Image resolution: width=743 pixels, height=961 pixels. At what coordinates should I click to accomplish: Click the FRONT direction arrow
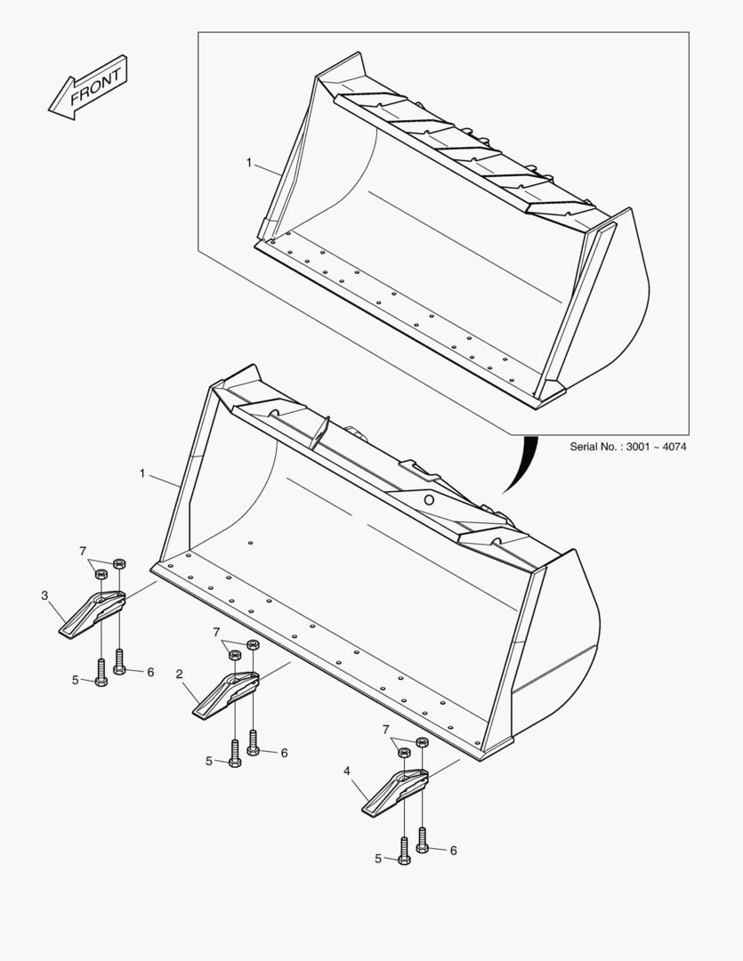pyautogui.click(x=88, y=87)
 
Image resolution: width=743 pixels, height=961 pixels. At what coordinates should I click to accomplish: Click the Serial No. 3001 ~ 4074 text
pyautogui.click(x=627, y=446)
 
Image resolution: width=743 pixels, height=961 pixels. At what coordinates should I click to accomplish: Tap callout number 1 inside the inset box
pyautogui.click(x=249, y=163)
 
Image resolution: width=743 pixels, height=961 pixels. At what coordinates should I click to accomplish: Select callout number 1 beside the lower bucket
pyautogui.click(x=142, y=473)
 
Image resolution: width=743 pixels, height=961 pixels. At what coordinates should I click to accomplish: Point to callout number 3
pyautogui.click(x=44, y=595)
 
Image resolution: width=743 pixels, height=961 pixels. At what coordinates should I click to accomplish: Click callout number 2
pyautogui.click(x=179, y=674)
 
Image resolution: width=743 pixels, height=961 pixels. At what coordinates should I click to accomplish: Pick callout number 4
pyautogui.click(x=346, y=771)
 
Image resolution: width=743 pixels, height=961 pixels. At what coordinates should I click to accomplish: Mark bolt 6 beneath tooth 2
pyautogui.click(x=254, y=742)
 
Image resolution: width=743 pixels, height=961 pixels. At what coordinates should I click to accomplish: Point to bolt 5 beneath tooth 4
pyautogui.click(x=404, y=851)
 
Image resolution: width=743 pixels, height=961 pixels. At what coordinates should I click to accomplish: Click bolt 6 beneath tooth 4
pyautogui.click(x=423, y=840)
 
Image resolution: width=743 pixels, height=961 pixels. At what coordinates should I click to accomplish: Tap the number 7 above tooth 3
pyautogui.click(x=83, y=551)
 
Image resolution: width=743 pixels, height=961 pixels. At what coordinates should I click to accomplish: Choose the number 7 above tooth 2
pyautogui.click(x=216, y=632)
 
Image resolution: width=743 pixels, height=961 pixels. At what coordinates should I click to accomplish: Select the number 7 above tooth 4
pyautogui.click(x=386, y=730)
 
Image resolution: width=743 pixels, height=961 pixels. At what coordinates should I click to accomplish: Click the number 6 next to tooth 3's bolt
pyautogui.click(x=150, y=672)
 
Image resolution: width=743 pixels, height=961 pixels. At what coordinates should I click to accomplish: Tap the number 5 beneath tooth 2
pyautogui.click(x=209, y=761)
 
